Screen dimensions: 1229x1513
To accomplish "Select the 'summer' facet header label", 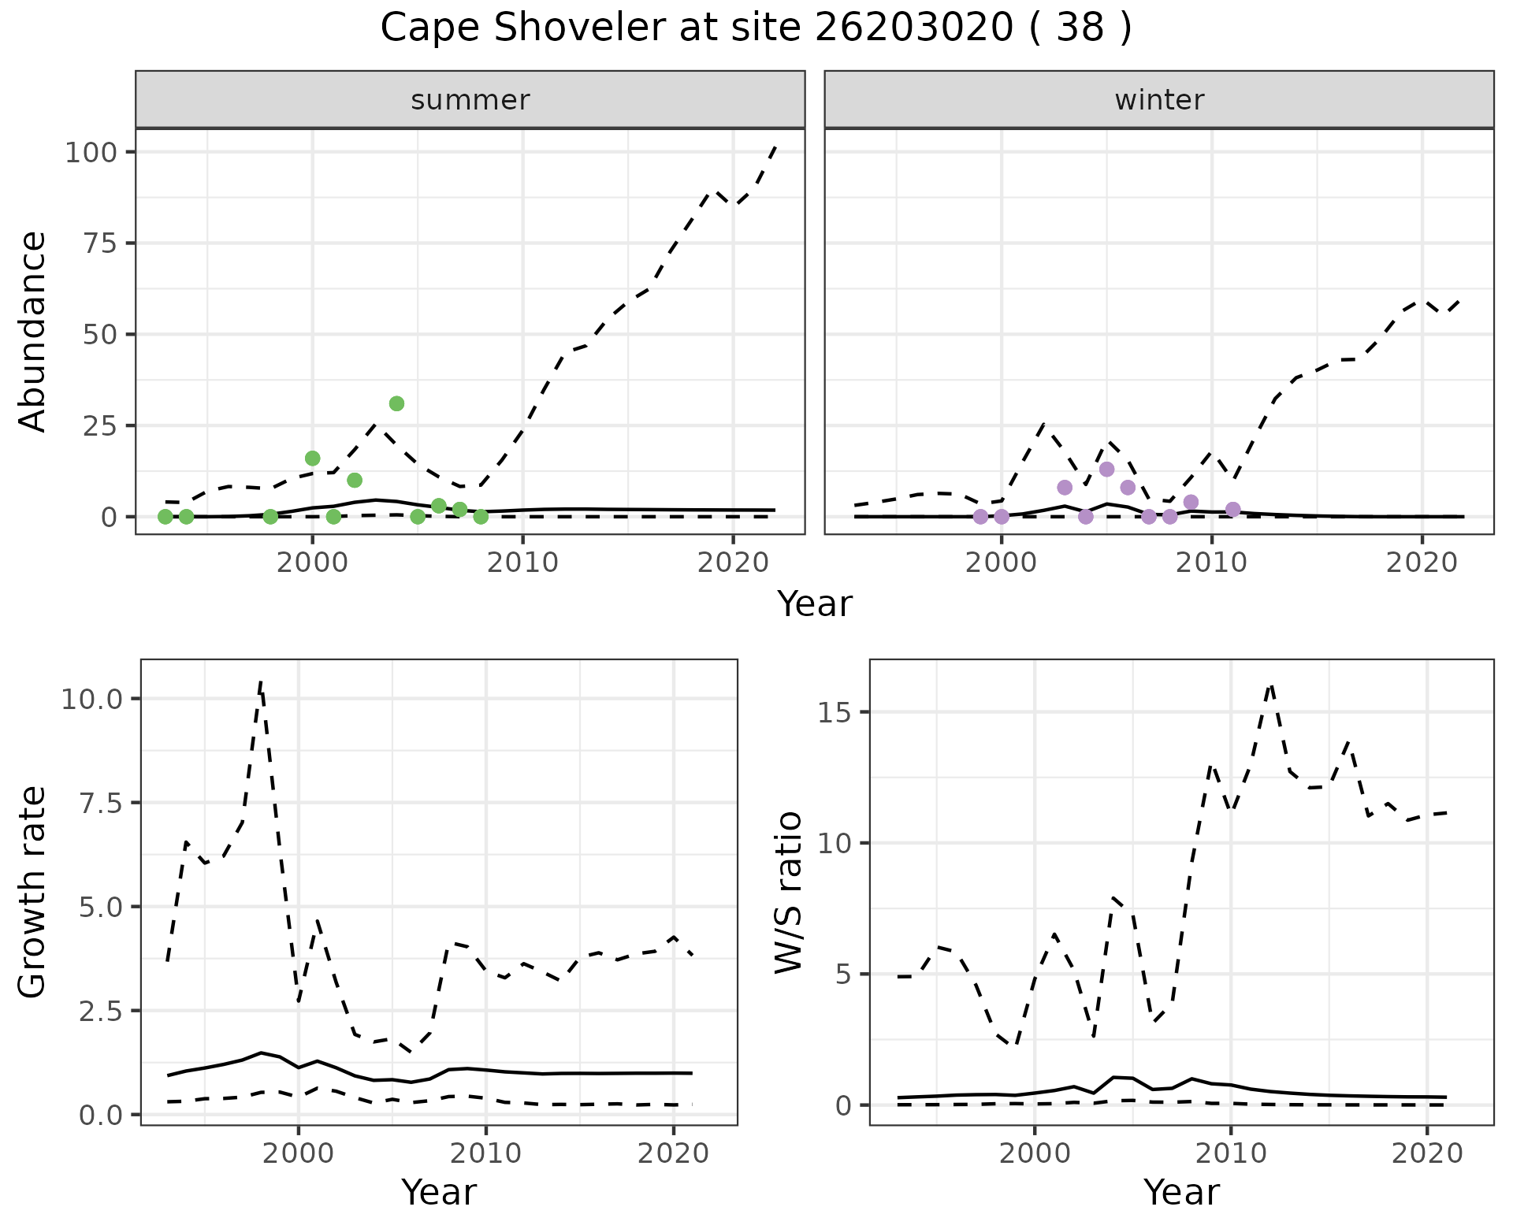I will coord(470,100).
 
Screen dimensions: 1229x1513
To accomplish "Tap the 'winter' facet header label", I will coord(1159,100).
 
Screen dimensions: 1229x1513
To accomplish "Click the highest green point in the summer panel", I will coord(396,403).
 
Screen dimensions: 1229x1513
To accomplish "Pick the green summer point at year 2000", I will coord(312,459).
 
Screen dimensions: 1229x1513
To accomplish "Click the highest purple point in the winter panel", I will coord(1106,470).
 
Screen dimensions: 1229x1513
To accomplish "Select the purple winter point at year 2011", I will coord(1233,510).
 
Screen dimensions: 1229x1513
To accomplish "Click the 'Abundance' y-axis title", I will coord(33,332).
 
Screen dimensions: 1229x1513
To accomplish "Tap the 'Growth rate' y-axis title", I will coord(33,892).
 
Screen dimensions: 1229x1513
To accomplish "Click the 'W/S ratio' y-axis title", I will coord(788,892).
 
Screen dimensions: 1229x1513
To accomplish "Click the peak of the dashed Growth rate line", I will coord(260,681).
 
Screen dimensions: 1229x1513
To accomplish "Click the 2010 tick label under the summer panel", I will coord(522,563).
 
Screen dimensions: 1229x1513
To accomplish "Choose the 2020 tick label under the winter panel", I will coord(1422,563).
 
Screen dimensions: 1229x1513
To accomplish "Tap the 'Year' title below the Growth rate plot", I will coord(439,1192).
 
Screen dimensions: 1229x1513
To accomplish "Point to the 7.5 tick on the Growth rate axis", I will coord(101,803).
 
